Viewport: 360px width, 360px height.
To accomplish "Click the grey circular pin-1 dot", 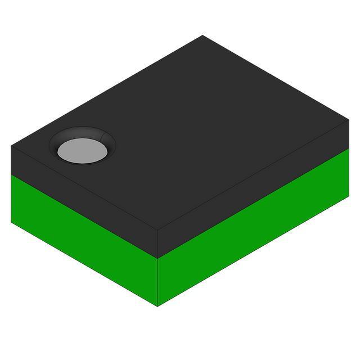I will point(82,151).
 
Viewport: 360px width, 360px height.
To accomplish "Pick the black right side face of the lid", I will point(253,191).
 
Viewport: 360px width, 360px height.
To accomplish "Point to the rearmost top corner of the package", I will point(202,35).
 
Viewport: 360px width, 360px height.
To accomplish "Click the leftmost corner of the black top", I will point(11,146).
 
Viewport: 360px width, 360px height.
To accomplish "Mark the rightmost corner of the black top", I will point(349,120).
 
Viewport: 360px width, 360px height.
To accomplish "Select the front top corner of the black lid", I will point(157,231).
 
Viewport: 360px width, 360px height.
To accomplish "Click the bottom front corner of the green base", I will point(157,306).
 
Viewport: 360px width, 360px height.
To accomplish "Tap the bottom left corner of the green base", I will point(11,222).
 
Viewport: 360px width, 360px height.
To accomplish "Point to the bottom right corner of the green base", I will point(349,195).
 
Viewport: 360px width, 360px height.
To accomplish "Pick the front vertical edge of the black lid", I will point(157,245).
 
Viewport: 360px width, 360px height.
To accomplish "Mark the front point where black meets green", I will point(157,259).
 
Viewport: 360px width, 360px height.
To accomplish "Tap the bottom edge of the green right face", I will point(253,250).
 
